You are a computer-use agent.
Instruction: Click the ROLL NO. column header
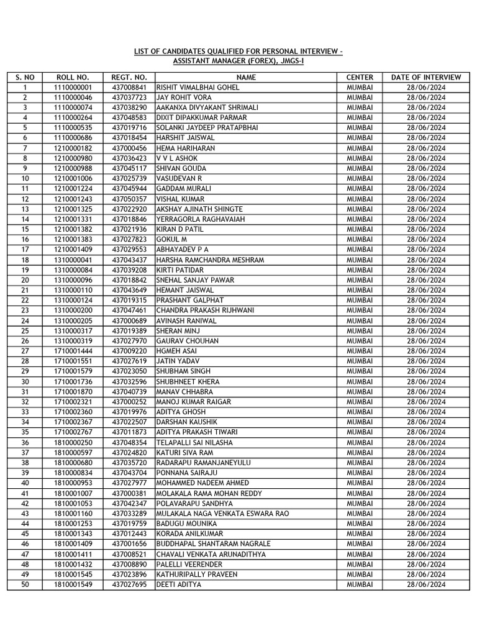click(x=73, y=77)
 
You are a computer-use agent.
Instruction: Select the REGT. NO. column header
click(x=129, y=77)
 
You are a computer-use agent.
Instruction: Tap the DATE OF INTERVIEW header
click(x=426, y=77)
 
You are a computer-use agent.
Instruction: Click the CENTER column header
click(x=360, y=77)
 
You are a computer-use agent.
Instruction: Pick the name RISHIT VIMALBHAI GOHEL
click(x=198, y=88)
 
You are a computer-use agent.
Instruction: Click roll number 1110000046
click(x=73, y=98)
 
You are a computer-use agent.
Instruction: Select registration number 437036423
click(x=129, y=158)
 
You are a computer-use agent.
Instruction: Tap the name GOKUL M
click(x=172, y=240)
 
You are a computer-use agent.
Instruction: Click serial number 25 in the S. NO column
click(x=25, y=331)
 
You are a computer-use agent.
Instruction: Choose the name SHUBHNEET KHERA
click(x=188, y=381)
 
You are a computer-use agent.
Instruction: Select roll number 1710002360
click(x=73, y=412)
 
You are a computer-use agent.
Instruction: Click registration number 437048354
click(x=129, y=442)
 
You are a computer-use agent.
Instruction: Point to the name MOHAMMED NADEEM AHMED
click(x=202, y=483)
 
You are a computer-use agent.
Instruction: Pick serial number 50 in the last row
click(x=25, y=584)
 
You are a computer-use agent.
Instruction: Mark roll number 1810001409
click(x=73, y=544)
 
